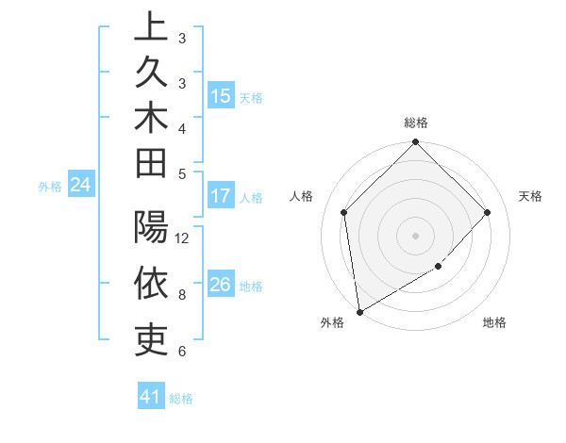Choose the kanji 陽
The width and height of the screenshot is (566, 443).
click(x=151, y=229)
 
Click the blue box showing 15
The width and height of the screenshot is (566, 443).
click(x=220, y=96)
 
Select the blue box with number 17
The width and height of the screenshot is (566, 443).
click(x=220, y=197)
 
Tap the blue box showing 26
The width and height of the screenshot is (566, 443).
click(x=220, y=286)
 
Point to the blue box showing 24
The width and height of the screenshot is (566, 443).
click(x=81, y=186)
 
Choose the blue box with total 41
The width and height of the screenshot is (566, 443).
click(x=151, y=398)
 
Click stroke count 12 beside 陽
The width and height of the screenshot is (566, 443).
click(x=183, y=238)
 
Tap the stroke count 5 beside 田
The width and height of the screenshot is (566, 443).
click(x=181, y=173)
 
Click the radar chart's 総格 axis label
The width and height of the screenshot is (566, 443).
click(x=416, y=123)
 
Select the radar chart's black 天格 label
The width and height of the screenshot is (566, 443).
click(x=530, y=196)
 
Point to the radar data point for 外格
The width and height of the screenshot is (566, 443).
click(x=359, y=311)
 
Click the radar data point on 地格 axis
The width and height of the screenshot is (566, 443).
click(x=439, y=267)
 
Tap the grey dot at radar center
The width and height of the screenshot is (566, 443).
click(x=416, y=235)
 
